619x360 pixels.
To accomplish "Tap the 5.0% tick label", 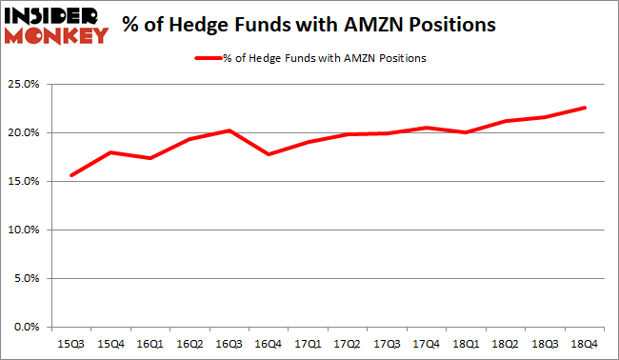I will [28, 278].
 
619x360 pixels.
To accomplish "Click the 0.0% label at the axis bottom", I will [28, 327].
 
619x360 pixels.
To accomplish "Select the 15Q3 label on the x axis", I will [70, 342].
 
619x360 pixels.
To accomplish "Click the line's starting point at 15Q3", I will [70, 175].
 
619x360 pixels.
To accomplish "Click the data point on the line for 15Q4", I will [110, 152].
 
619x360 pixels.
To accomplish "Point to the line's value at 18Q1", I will [466, 132].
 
